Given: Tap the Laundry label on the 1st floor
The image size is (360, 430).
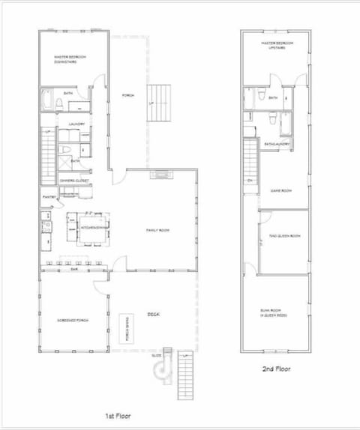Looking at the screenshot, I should [x=76, y=124].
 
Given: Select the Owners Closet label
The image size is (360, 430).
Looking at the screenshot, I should [x=75, y=181].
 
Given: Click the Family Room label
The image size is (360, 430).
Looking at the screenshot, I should [x=157, y=230].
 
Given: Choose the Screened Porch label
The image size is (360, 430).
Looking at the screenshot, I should [x=73, y=320].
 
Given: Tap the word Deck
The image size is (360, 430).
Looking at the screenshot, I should [x=154, y=314].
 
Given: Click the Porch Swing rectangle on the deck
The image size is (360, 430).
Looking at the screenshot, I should [x=124, y=326].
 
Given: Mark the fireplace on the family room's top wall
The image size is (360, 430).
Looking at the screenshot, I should [x=160, y=175].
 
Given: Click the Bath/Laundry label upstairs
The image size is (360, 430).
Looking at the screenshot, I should [x=276, y=143].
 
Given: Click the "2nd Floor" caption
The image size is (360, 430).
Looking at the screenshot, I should [x=275, y=369].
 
